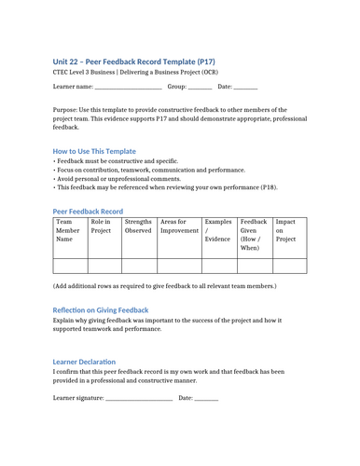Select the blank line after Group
[x=200, y=88]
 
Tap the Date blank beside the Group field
[x=245, y=88]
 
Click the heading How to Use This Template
[x=94, y=150]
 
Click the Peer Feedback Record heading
[x=88, y=212]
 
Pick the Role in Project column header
[x=104, y=226]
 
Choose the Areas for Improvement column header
[x=179, y=226]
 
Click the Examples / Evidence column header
[x=218, y=231]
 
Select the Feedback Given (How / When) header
[x=254, y=235]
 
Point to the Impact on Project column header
[x=286, y=231]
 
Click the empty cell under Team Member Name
[x=70, y=265]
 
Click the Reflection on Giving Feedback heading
[x=100, y=310]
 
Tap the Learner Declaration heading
[x=84, y=361]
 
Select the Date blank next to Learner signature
[x=206, y=399]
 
